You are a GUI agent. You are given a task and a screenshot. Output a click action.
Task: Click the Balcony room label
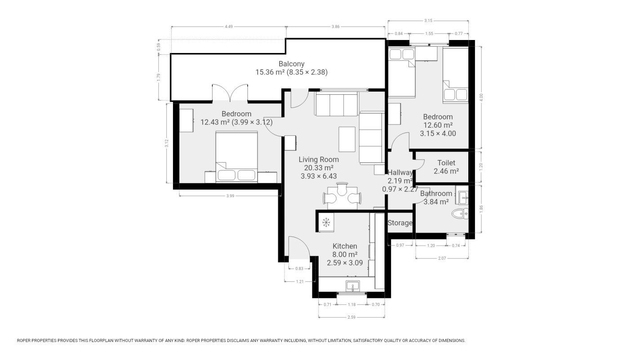point(291,64)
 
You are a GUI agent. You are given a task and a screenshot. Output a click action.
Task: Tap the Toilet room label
point(446,163)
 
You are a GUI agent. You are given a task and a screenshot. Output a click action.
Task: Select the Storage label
point(400,223)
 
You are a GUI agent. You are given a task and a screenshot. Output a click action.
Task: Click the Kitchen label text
point(345,246)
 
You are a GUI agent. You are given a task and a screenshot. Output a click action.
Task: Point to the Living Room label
point(319,160)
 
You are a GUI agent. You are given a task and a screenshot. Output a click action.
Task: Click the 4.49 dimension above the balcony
point(229,27)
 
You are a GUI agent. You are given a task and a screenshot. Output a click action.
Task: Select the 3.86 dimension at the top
point(335,27)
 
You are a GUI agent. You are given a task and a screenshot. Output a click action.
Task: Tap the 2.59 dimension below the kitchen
point(351,317)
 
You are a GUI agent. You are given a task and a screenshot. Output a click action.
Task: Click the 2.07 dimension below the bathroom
point(442,258)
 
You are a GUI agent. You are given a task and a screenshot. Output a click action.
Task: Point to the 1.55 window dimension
point(429,33)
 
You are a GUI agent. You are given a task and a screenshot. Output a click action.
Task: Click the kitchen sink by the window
point(353,286)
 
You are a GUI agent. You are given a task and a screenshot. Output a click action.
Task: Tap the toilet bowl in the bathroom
point(460,213)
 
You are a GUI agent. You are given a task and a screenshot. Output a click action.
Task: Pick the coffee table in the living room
point(347,139)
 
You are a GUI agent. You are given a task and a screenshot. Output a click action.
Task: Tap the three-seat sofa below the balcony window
point(337,104)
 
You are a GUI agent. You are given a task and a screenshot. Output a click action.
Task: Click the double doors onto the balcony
point(230,93)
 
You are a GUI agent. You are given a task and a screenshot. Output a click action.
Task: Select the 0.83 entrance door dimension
point(299,269)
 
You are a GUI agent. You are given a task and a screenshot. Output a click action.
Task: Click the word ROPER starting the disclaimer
point(23,341)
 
